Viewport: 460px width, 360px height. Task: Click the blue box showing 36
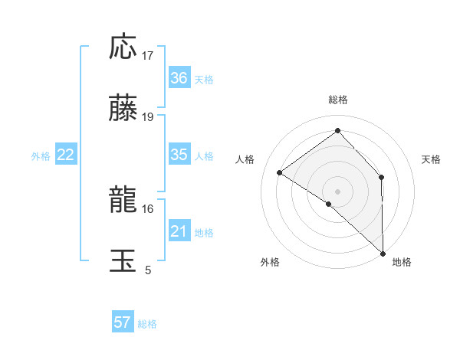(179, 78)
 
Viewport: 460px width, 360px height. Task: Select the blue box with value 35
(179, 155)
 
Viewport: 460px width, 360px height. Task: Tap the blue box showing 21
(179, 231)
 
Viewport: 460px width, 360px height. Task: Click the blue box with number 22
(66, 155)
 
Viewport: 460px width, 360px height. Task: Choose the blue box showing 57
(123, 322)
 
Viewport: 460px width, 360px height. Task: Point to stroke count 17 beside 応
(148, 56)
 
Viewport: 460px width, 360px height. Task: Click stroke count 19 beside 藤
(148, 117)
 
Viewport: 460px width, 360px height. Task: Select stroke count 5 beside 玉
(148, 270)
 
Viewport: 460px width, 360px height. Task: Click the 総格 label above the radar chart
(338, 100)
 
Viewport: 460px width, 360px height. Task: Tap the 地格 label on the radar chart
(402, 263)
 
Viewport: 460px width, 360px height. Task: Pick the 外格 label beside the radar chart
(270, 263)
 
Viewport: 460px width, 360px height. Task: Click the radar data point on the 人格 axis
(280, 172)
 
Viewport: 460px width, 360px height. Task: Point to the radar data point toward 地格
(383, 252)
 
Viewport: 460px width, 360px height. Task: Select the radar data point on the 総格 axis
(338, 130)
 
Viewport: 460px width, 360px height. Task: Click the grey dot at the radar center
(338, 191)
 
